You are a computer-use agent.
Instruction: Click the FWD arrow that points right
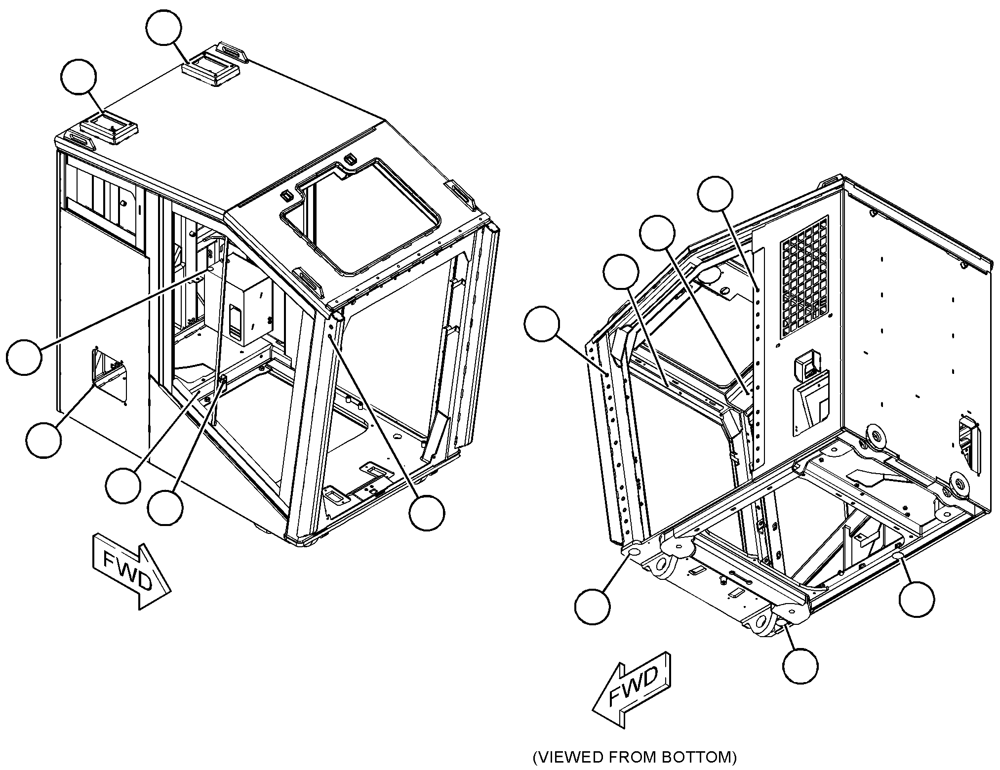131,570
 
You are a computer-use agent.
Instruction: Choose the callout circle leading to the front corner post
427,514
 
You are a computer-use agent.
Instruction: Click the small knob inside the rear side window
123,203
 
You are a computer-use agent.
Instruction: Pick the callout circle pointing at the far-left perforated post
542,324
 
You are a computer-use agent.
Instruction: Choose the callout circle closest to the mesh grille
716,194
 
